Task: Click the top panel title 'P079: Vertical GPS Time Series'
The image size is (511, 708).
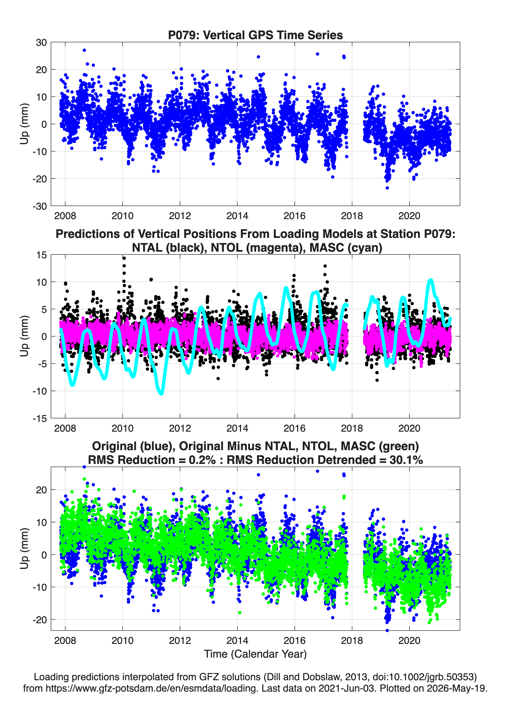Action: coord(255,35)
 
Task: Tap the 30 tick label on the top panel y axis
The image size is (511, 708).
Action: coord(41,43)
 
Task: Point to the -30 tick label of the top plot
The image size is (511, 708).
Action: coord(40,206)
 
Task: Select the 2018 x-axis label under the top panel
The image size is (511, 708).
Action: coord(352,216)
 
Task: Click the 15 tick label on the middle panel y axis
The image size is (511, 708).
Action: coord(42,255)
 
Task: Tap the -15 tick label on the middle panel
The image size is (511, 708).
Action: coord(40,419)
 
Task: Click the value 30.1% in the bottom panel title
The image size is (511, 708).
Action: coord(406,460)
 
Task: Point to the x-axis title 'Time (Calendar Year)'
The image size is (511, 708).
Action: coord(255,654)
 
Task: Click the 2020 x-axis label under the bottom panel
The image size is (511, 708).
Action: coord(409,640)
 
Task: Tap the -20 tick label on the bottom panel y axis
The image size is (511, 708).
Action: coord(40,619)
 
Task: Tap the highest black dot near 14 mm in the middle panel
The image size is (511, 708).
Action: coord(124,258)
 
